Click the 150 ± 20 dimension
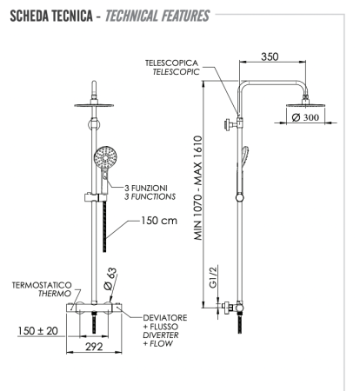pyautogui.click(x=38, y=331)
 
